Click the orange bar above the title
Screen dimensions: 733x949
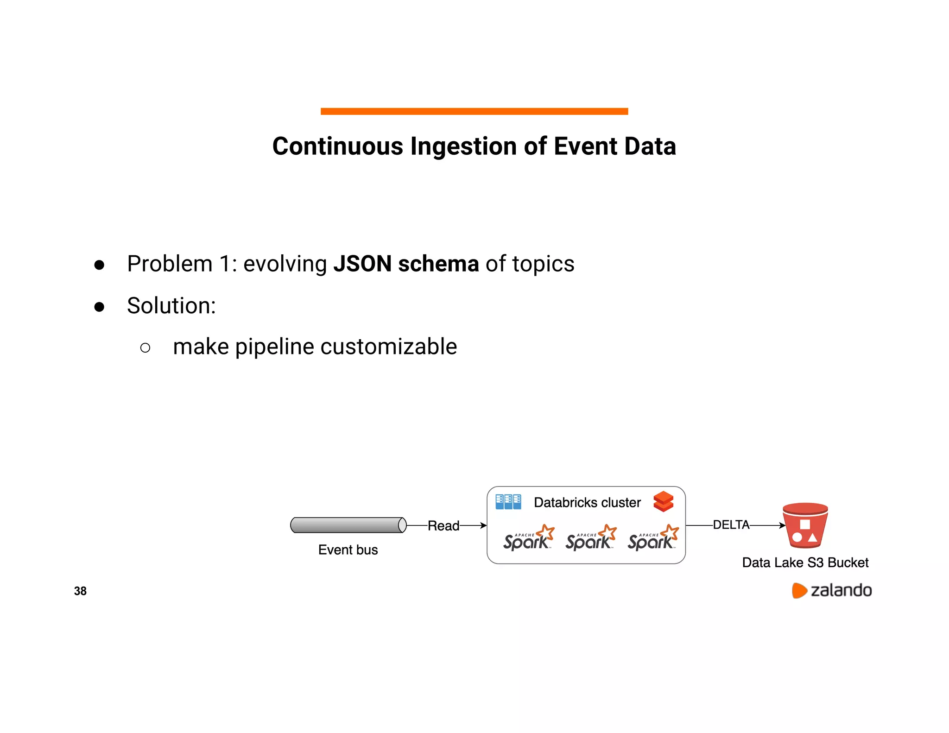[474, 111]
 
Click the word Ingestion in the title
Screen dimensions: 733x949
[464, 146]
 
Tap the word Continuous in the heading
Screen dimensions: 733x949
[337, 146]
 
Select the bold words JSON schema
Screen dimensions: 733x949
[406, 264]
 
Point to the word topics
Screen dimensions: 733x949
[543, 264]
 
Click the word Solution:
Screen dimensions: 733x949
[171, 306]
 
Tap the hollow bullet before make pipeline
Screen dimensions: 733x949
[145, 348]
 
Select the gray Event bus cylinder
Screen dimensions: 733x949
[348, 525]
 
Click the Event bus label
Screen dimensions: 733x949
[348, 550]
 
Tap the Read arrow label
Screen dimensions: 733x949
[443, 526]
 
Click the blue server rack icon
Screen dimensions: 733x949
[508, 502]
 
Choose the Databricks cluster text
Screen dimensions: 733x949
[587, 503]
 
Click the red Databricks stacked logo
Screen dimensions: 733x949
[663, 501]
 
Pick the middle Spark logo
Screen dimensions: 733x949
[590, 538]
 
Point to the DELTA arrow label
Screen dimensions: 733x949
[731, 525]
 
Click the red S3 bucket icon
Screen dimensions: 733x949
[805, 526]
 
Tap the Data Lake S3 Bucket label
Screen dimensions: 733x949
[805, 562]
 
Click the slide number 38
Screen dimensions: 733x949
[80, 591]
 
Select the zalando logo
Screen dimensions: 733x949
[832, 590]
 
